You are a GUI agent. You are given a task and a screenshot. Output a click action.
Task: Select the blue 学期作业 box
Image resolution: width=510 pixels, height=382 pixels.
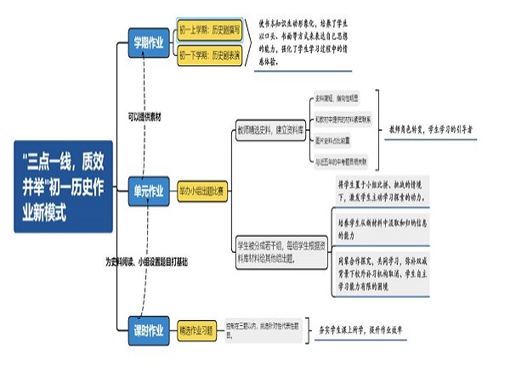click(x=149, y=42)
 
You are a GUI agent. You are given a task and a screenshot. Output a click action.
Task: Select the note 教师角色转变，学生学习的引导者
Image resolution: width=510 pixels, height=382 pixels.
click(x=430, y=129)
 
